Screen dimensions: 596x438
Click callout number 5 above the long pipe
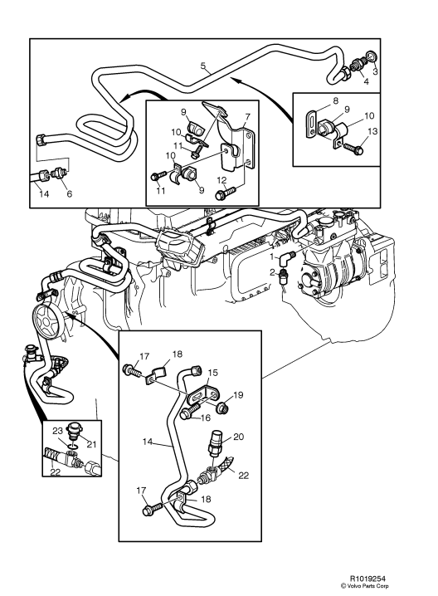pos(203,64)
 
